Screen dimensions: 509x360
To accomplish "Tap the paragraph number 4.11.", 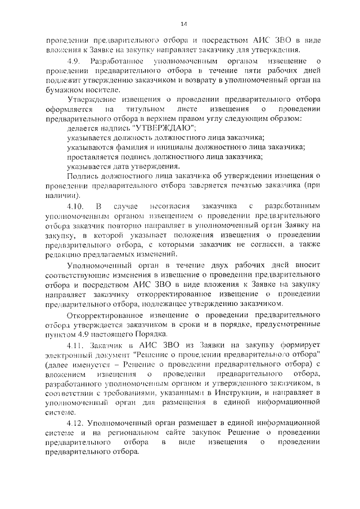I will click(74, 344).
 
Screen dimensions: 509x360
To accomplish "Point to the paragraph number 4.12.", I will click(74, 422).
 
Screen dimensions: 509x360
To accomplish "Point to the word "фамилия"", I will click(133, 147).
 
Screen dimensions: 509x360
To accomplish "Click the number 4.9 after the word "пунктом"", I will click(81, 334).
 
